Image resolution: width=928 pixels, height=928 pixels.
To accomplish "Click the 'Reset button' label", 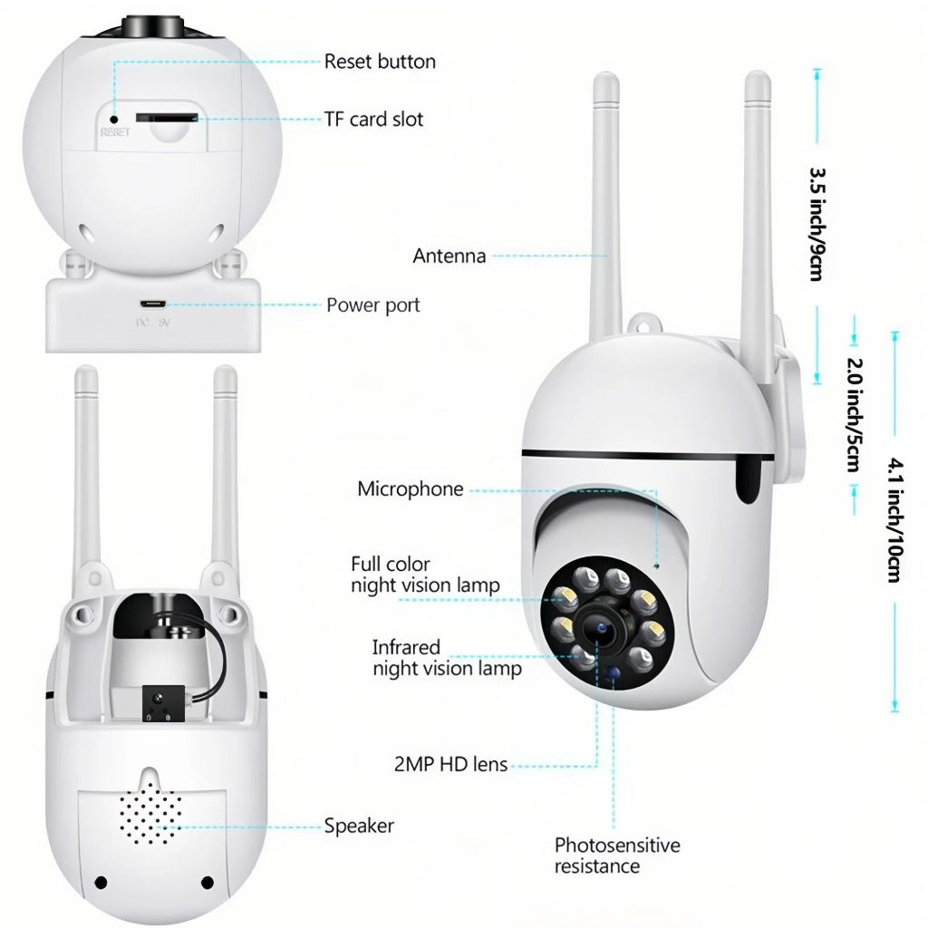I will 380,62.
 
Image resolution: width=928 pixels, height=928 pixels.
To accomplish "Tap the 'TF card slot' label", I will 373,119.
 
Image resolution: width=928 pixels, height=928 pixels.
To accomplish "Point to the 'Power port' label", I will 372,305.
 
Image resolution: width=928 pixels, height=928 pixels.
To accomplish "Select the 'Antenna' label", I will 449,256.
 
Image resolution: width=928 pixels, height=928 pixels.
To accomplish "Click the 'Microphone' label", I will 410,489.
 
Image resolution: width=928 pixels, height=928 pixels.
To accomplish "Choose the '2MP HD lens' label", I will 450,765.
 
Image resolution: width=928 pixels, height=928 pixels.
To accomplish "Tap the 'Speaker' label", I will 359,826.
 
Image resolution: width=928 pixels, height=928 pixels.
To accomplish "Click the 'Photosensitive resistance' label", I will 616,855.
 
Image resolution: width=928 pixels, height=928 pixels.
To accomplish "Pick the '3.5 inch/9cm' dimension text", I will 817,223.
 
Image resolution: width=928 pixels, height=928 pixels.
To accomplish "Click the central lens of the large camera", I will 599,627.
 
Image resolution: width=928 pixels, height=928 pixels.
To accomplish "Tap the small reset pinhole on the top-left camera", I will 114,118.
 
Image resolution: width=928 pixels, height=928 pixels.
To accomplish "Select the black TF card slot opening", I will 165,117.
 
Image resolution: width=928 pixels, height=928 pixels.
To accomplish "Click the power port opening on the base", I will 152,304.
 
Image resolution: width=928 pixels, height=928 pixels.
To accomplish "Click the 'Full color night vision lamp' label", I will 425,575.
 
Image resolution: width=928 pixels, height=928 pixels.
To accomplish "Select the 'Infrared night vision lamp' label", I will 447,658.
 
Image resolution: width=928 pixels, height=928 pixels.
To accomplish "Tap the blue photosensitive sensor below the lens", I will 615,673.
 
